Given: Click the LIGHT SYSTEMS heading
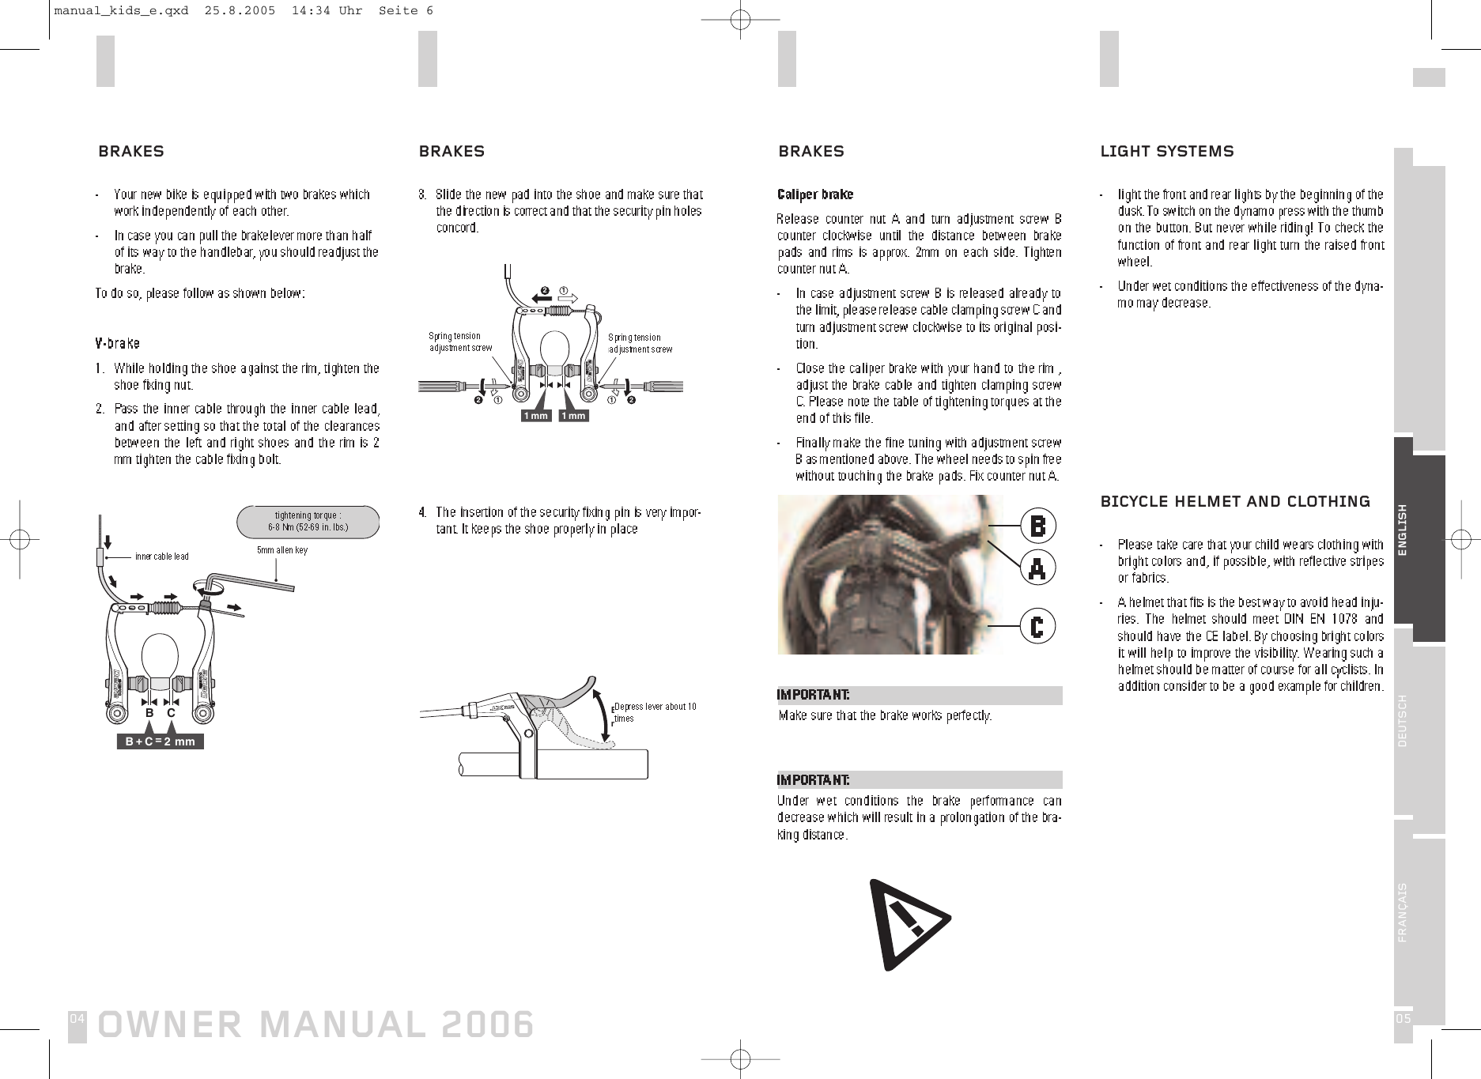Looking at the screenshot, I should point(1166,151).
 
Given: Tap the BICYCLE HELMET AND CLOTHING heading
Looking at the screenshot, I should point(1235,501).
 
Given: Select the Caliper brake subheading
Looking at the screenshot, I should point(815,194).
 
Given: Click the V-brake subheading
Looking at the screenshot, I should point(117,344).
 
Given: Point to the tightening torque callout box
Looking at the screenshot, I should point(308,521).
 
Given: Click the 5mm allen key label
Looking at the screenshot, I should point(282,550).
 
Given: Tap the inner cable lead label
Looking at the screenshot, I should point(161,556).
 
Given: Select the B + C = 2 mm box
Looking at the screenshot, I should point(160,741).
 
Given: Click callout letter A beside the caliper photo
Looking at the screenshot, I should point(1037,568).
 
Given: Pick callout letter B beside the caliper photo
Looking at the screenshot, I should point(1037,526).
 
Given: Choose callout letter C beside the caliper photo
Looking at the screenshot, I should point(1037,627).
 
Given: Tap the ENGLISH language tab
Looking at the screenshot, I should point(1419,530).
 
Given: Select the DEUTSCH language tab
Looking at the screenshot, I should point(1419,720).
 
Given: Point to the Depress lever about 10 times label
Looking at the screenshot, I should point(655,711).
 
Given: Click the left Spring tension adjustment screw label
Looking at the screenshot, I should point(459,342).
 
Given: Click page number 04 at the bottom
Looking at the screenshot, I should point(77,1019).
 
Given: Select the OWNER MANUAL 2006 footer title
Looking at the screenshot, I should point(315,1024).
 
